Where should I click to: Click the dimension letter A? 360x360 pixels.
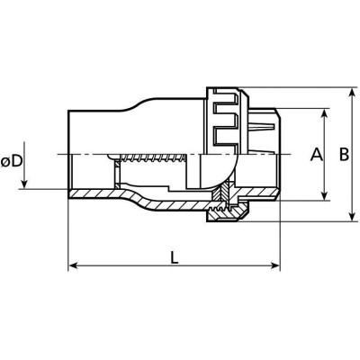click(317, 155)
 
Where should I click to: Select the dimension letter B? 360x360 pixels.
click(344, 155)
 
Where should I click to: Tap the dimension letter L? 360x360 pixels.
click(175, 257)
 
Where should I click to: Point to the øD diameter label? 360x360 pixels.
click(12, 162)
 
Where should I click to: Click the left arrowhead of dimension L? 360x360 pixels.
click(74, 265)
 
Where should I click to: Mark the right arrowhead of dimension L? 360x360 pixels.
click(274, 265)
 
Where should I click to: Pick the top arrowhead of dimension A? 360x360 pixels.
click(325, 114)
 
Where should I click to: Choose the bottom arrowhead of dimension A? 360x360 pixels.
click(325, 195)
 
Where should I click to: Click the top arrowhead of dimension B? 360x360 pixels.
click(353, 93)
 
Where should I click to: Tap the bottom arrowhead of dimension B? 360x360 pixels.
click(353, 216)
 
